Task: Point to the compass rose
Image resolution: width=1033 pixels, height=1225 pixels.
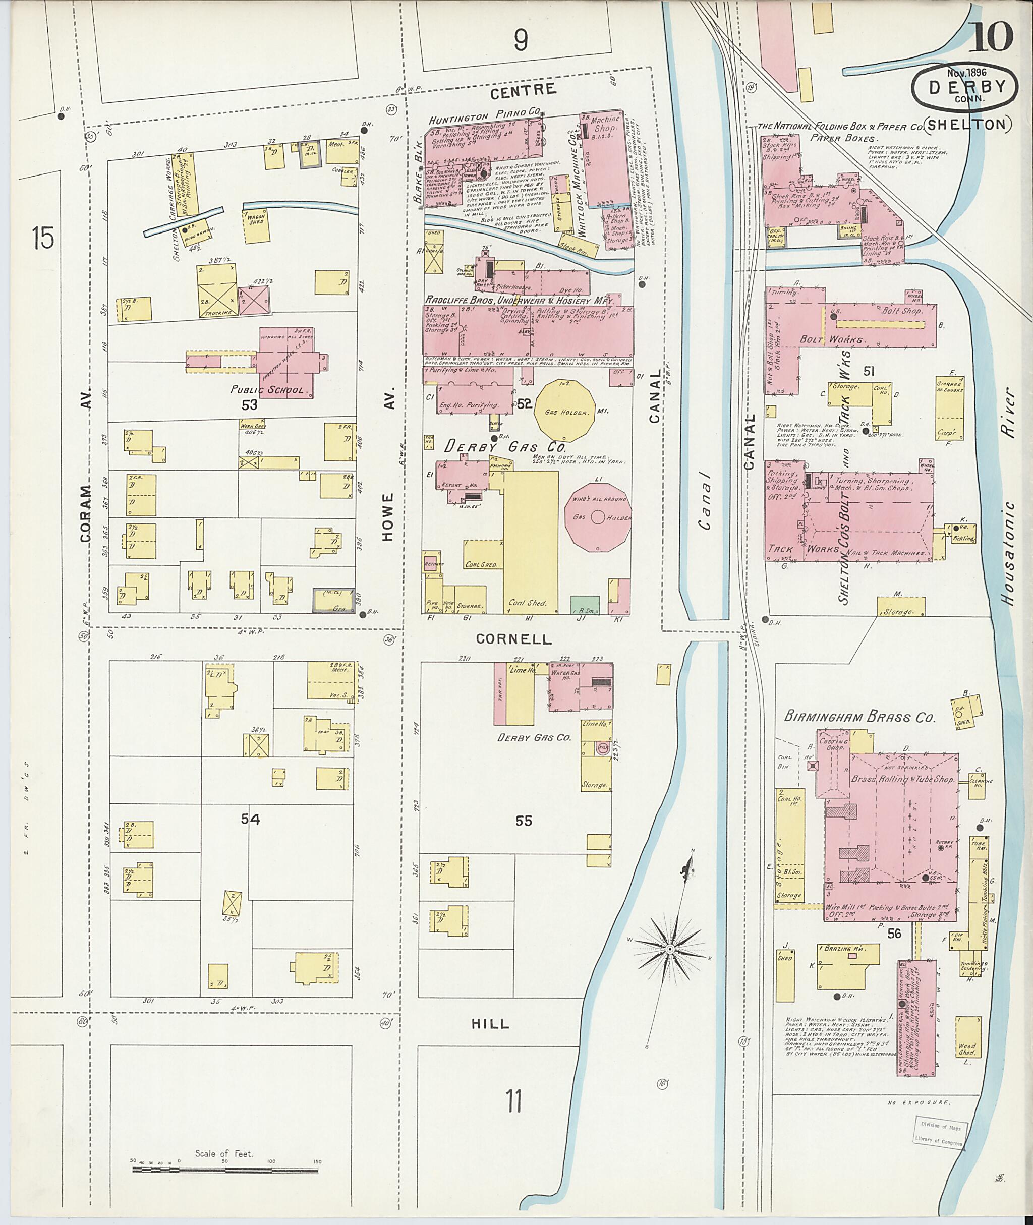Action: [669, 948]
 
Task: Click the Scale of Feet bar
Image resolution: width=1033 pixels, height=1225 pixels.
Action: [225, 1171]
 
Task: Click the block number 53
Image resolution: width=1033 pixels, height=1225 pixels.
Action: [250, 404]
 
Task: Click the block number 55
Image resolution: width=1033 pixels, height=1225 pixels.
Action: [524, 821]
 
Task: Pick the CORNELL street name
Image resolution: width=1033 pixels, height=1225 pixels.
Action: [513, 639]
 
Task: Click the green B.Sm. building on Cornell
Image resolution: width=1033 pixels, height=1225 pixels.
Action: [585, 605]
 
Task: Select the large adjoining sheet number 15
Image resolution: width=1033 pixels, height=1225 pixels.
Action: [43, 239]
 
